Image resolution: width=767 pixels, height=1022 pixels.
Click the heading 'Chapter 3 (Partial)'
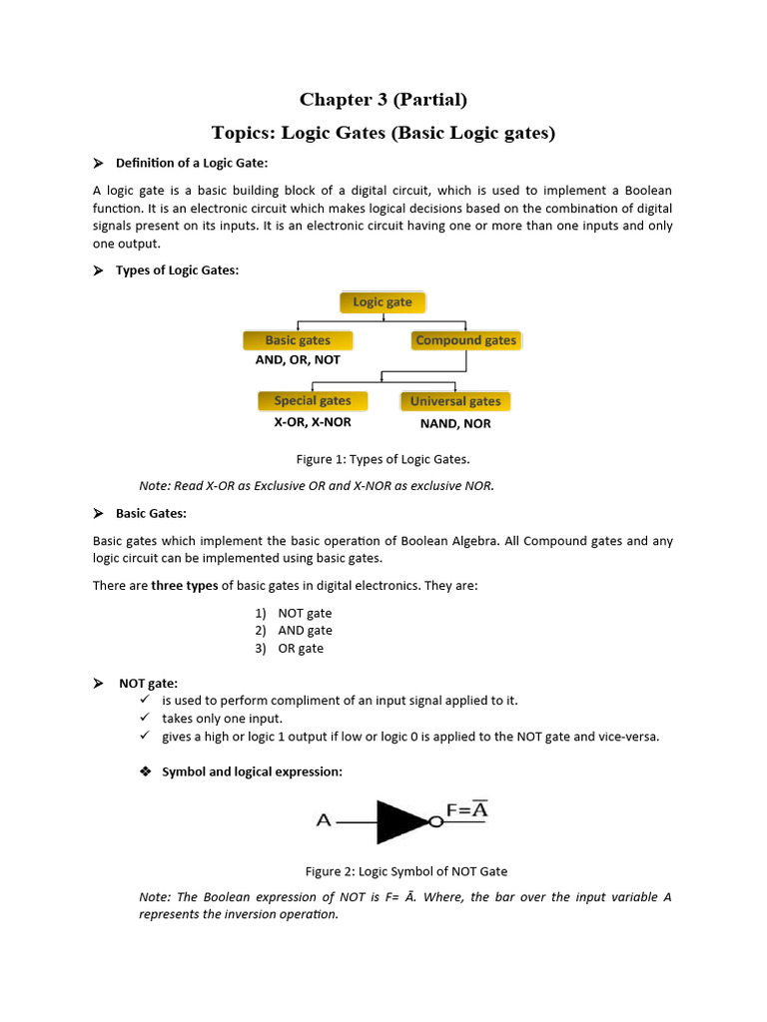click(x=383, y=99)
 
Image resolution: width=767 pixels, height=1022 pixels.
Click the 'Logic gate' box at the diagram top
click(x=383, y=302)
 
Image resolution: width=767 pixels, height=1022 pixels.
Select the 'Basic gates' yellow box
click(x=298, y=340)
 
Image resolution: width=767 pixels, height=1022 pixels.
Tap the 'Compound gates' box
click(x=465, y=340)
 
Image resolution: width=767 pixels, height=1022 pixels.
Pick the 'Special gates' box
click(x=313, y=400)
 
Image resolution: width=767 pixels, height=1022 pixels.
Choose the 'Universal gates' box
click(x=455, y=401)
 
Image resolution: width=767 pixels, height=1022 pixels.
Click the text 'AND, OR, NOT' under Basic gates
click(x=298, y=359)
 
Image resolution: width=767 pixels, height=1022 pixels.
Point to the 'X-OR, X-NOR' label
click(x=313, y=421)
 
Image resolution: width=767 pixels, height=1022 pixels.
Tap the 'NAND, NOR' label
click(x=455, y=423)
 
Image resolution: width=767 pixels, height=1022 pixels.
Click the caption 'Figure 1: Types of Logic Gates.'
click(x=383, y=459)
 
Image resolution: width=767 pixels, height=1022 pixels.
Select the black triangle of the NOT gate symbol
click(x=399, y=821)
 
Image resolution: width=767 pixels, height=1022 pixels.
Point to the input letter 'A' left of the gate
click(x=324, y=821)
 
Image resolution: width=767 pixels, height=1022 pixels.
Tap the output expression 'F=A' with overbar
click(x=466, y=809)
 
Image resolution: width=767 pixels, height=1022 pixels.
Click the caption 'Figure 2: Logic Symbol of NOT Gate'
click(x=398, y=871)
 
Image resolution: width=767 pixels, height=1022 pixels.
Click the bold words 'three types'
click(x=184, y=586)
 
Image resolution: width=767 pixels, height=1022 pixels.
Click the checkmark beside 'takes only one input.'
click(x=144, y=719)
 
